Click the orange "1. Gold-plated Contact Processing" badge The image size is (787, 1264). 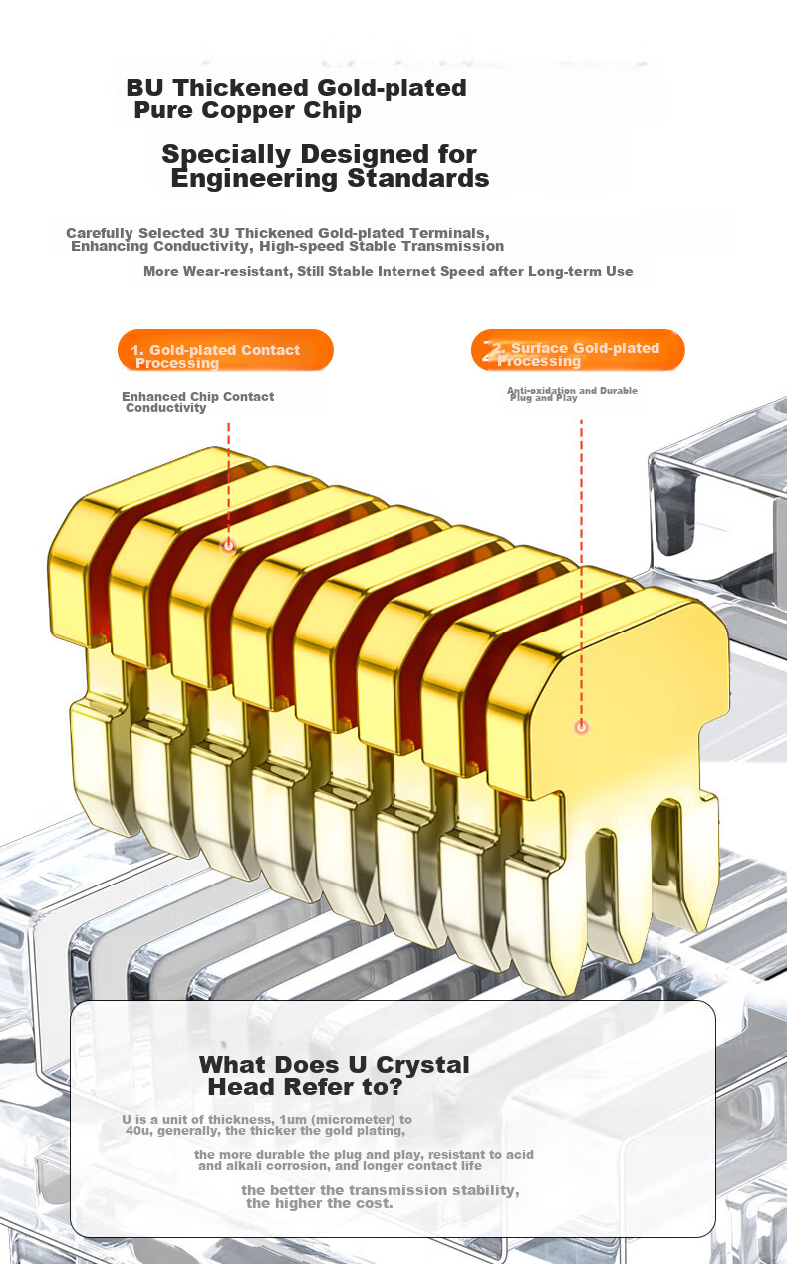(x=225, y=350)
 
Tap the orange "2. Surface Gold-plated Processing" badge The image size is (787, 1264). (x=578, y=350)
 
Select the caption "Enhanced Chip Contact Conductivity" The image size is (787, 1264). (x=197, y=402)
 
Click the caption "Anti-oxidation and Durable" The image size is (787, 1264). (x=572, y=391)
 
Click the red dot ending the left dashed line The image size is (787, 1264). (x=229, y=546)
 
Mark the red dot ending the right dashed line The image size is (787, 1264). (x=581, y=727)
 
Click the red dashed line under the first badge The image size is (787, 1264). (x=229, y=481)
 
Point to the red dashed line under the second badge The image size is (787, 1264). (x=581, y=570)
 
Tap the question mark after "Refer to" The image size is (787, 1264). (x=395, y=1087)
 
